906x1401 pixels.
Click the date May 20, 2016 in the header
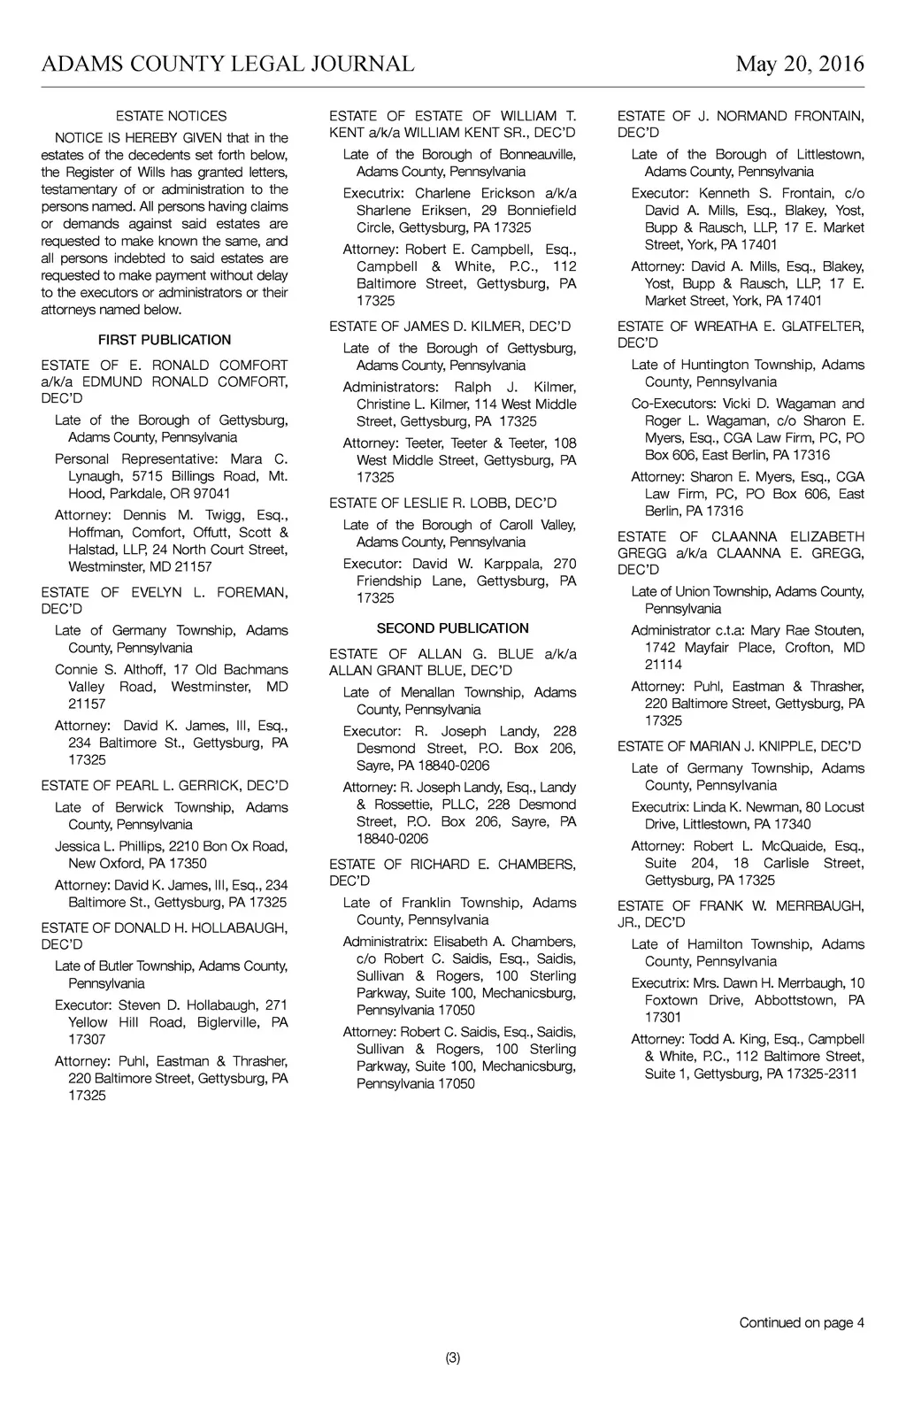point(800,65)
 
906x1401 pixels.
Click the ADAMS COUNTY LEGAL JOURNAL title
point(227,65)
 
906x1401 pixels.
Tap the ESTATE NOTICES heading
point(171,116)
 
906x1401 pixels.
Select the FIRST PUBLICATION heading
point(165,340)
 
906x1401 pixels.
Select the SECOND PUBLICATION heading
point(453,628)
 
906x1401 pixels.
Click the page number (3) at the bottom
point(453,1359)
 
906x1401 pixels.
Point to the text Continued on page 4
point(802,1323)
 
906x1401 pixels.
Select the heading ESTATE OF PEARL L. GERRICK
point(165,786)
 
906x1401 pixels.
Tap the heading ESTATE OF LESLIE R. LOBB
point(442,504)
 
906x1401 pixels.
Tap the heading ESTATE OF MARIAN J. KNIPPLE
point(739,747)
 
